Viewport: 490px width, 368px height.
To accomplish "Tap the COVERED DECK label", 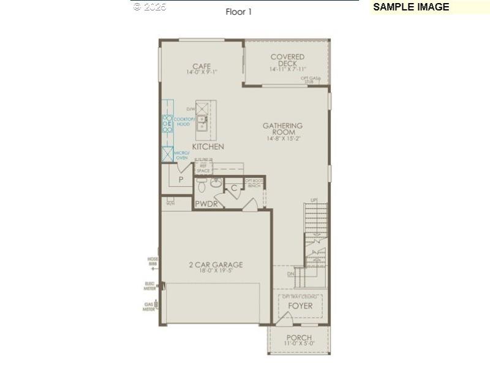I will (287, 60).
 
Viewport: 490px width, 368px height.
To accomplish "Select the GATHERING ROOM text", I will (282, 129).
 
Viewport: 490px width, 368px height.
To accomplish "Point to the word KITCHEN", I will (208, 147).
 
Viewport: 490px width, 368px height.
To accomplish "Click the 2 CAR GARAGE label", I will (215, 265).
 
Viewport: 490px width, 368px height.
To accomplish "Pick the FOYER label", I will (300, 305).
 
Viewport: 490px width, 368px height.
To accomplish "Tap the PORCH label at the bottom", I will (299, 338).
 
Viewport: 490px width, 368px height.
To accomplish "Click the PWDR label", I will (206, 204).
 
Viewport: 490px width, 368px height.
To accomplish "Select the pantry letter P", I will (181, 180).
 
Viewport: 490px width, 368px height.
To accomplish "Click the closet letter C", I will (234, 188).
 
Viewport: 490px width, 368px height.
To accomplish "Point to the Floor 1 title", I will (239, 11).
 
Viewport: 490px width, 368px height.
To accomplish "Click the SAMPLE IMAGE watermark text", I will (411, 7).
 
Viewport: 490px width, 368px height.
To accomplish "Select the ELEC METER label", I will (149, 285).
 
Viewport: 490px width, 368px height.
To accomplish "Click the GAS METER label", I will (149, 306).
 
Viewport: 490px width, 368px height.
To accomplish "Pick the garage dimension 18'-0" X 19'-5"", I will (215, 272).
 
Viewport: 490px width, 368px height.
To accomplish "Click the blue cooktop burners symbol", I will (167, 124).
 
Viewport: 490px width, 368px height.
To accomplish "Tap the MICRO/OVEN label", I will (181, 155).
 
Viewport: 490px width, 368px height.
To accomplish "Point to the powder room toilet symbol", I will (216, 182).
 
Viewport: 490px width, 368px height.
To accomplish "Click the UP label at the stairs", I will (314, 200).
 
